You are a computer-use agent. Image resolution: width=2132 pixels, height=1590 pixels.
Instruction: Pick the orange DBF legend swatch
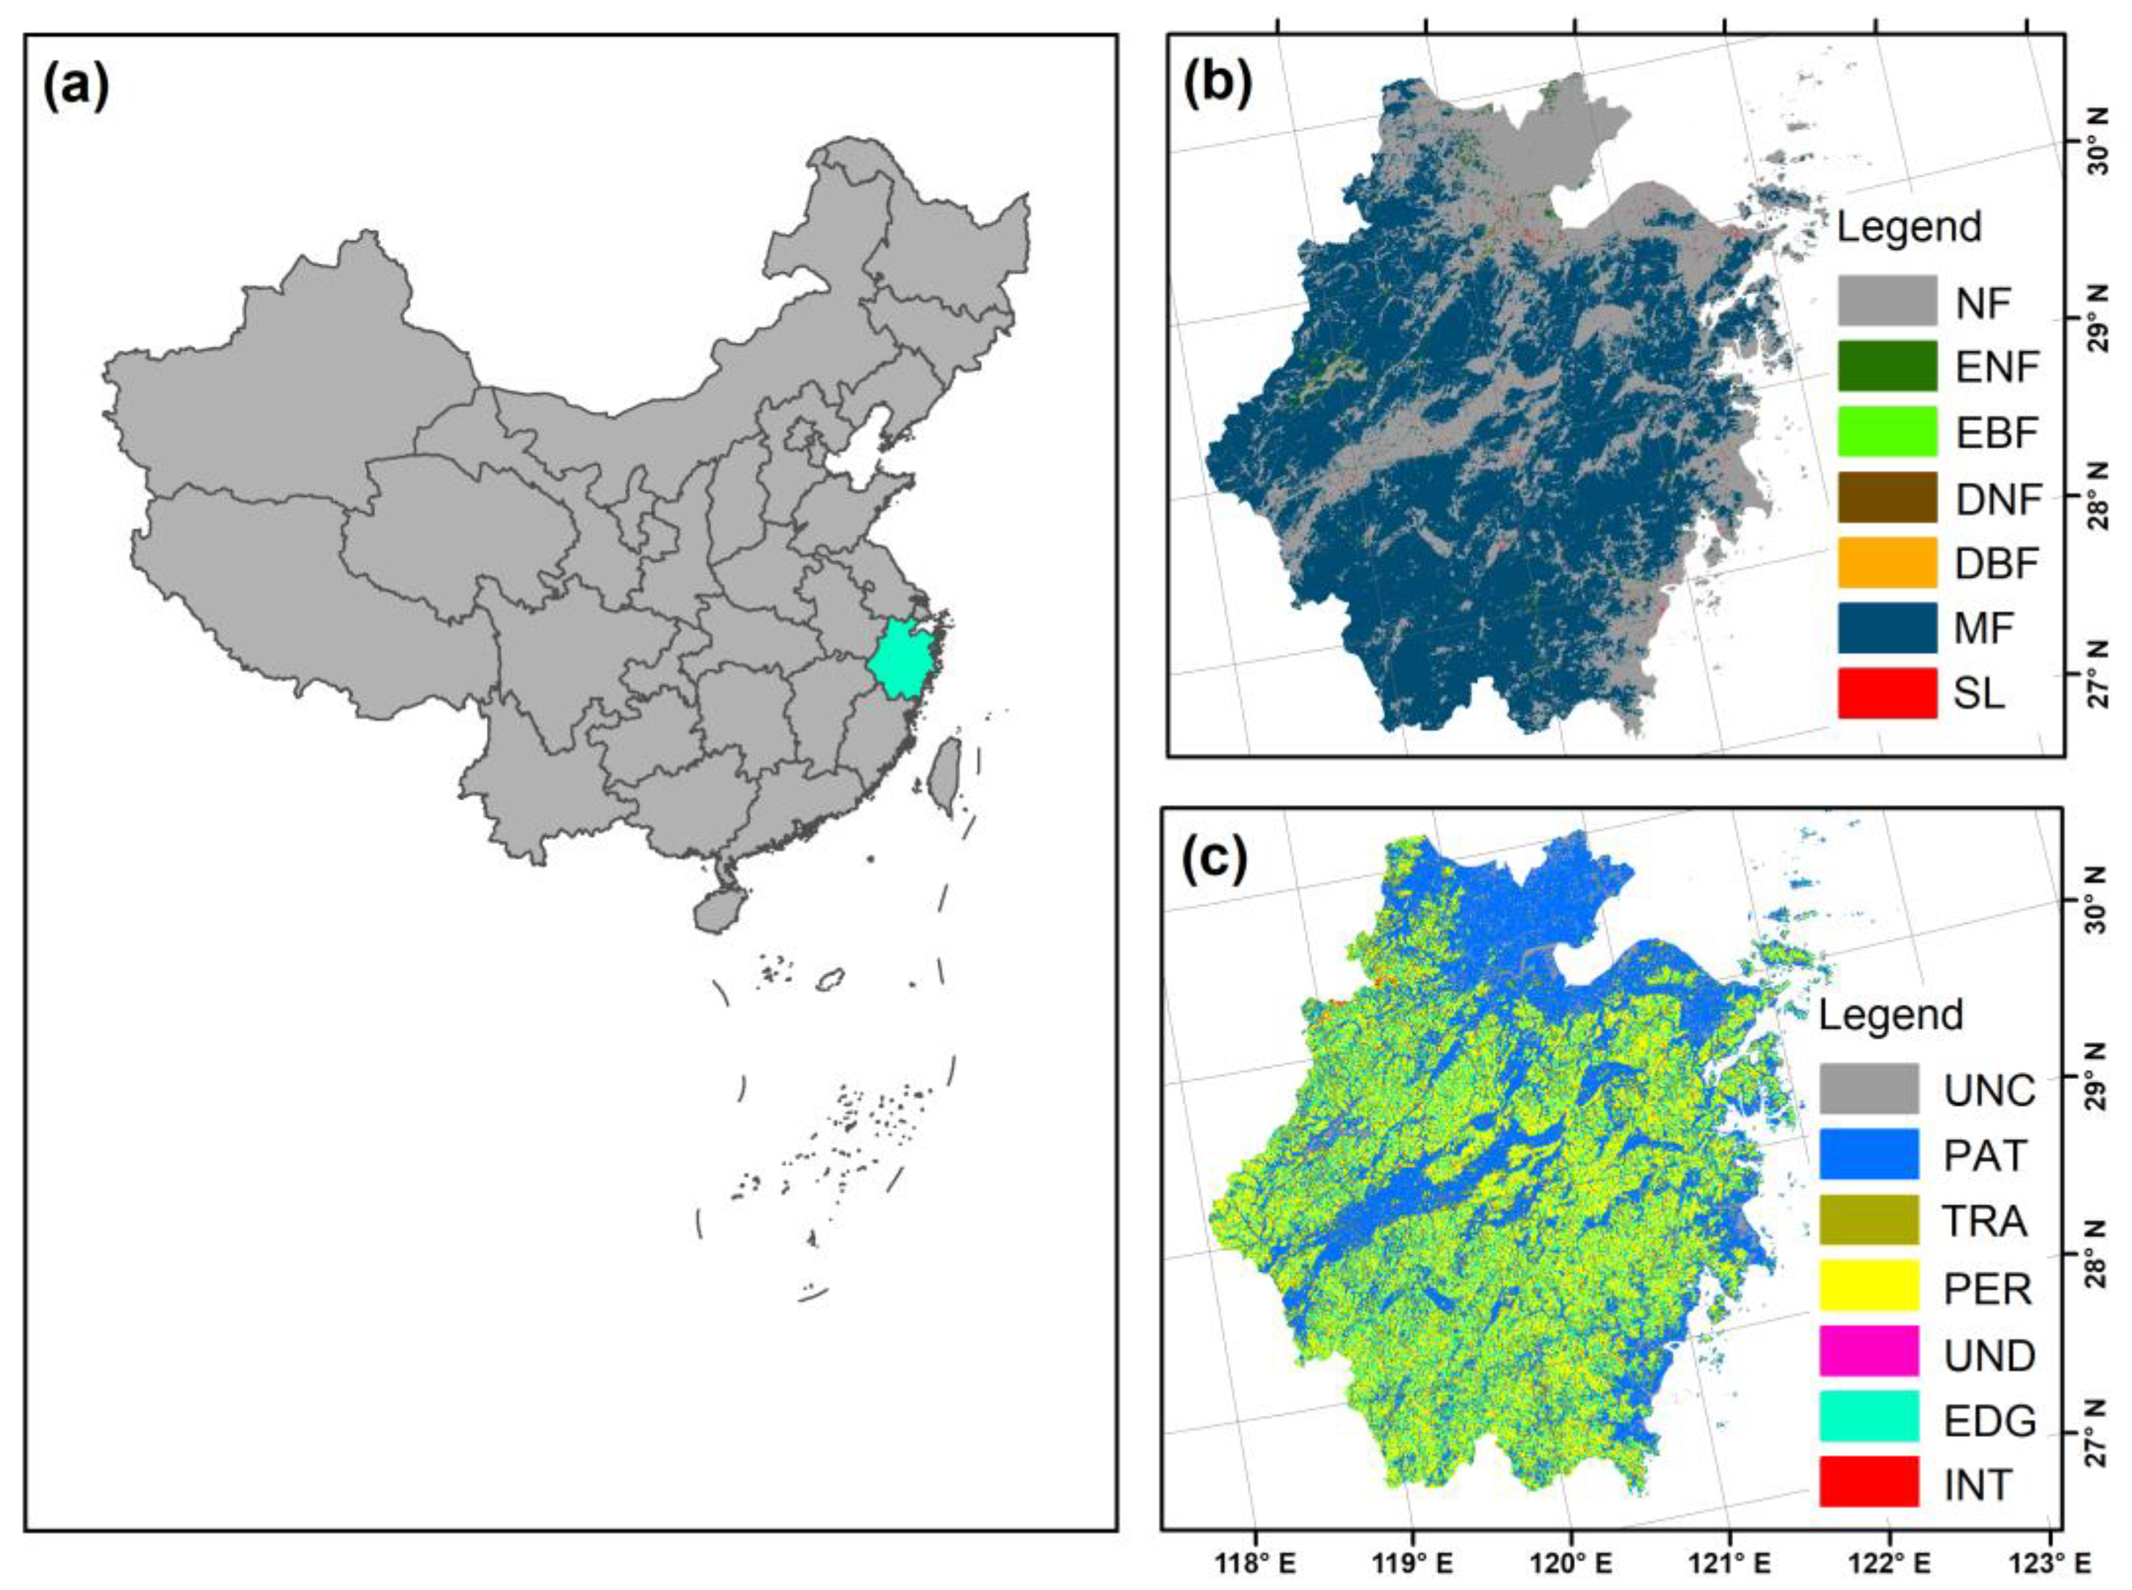point(1886,562)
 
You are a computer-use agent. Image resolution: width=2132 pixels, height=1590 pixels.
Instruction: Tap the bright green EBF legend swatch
point(1886,431)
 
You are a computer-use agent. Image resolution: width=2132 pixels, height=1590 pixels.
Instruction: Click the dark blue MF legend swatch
point(1886,627)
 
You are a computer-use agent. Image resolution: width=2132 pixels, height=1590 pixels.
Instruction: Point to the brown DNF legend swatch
point(1886,496)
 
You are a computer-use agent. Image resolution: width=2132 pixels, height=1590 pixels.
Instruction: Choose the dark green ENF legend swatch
point(1886,366)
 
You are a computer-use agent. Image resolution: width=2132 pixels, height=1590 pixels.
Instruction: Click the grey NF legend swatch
point(1886,300)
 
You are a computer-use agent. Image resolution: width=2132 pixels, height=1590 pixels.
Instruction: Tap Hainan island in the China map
point(713,909)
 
